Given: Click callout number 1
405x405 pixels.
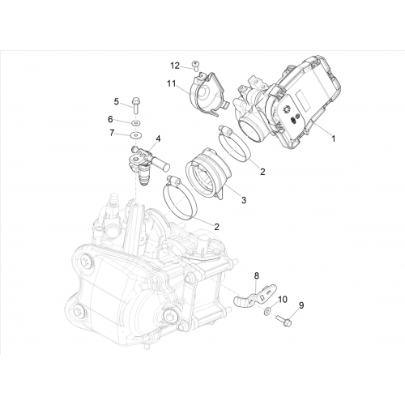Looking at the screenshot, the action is pyautogui.click(x=334, y=139).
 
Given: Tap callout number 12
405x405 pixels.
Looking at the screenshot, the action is pyautogui.click(x=175, y=66).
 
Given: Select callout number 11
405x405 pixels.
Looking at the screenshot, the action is pyautogui.click(x=171, y=84).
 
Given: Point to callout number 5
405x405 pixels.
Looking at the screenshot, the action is pyautogui.click(x=117, y=102).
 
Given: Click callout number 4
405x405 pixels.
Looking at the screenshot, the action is pyautogui.click(x=158, y=139).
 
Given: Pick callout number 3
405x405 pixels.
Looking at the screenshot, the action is pyautogui.click(x=244, y=200).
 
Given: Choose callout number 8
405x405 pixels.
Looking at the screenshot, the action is pyautogui.click(x=256, y=275).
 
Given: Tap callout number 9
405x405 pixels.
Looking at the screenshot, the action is pyautogui.click(x=301, y=305).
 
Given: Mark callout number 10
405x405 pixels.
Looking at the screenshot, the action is pyautogui.click(x=283, y=300).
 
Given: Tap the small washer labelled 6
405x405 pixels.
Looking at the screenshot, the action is pyautogui.click(x=135, y=123).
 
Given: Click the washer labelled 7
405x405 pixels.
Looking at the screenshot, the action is pyautogui.click(x=135, y=134).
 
